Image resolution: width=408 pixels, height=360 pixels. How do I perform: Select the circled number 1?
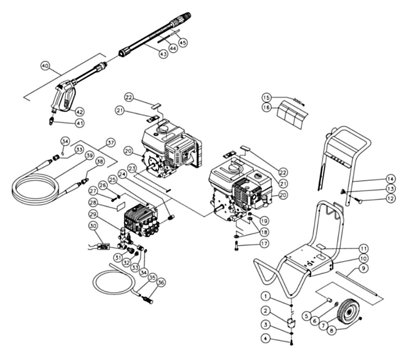coord(266,295)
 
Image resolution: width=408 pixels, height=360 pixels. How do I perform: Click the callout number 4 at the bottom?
coord(266,338)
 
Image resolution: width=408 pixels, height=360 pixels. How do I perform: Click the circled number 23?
coord(131,168)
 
